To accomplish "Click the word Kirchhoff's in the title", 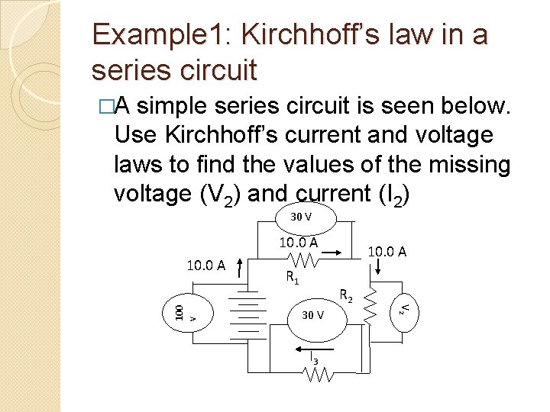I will coord(295,34).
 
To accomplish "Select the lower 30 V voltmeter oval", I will coord(312,314).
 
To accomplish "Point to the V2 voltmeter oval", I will coord(406,308).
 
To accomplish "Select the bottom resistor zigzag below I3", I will coord(318,375).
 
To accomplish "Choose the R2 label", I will coord(345,295).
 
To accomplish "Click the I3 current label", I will coord(314,356).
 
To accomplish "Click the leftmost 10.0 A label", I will coord(206,266).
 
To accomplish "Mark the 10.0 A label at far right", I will coord(387,250).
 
